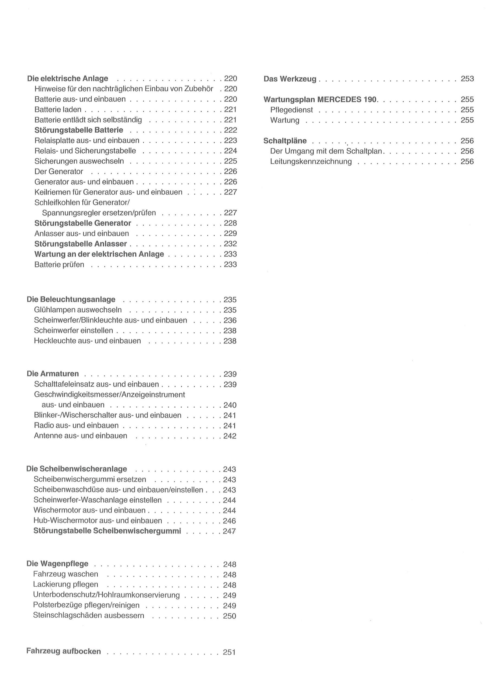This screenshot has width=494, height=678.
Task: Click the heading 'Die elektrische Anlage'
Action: [x=67, y=79]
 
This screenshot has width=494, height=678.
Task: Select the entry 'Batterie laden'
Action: [x=58, y=110]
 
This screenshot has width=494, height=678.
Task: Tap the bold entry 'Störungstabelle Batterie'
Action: [x=79, y=130]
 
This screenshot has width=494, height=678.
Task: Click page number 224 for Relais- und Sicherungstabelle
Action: [x=230, y=151]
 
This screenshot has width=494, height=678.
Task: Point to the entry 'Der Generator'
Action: [x=59, y=171]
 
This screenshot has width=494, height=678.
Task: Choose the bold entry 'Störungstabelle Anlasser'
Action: [x=80, y=244]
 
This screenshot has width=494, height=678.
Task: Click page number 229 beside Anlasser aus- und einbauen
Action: [x=230, y=234]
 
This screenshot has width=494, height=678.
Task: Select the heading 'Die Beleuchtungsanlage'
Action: [x=71, y=299]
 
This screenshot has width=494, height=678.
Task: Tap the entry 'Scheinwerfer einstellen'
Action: [x=73, y=331]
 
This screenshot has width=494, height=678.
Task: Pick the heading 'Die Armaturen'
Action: [x=53, y=374]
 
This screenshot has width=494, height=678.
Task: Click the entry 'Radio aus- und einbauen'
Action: [x=76, y=426]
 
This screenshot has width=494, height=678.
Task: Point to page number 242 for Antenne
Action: [x=230, y=436]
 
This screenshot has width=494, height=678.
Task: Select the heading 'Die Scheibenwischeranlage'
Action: [x=76, y=469]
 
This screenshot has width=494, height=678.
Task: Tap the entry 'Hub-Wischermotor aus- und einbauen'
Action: [x=98, y=521]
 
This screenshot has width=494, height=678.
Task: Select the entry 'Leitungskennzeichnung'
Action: [x=311, y=162]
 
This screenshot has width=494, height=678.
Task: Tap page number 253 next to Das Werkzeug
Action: [x=467, y=79]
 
